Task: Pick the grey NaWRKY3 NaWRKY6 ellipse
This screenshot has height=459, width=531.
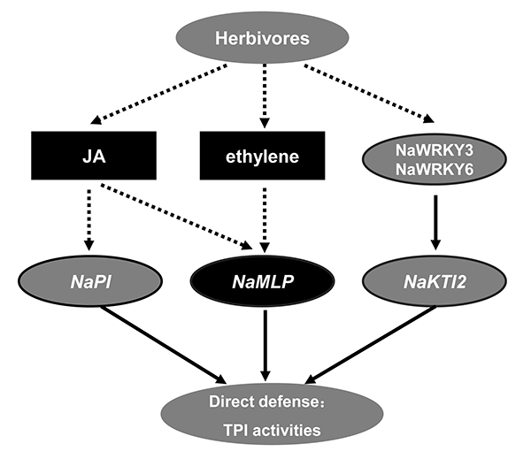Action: point(431,158)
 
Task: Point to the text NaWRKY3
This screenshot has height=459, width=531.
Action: point(431,149)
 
